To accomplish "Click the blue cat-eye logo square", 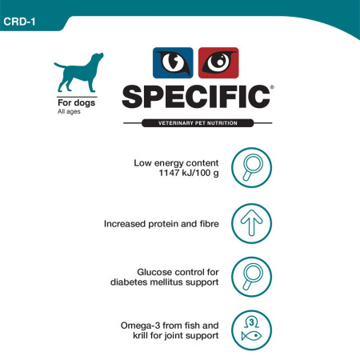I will click(x=173, y=64).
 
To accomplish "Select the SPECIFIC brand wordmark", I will click(x=194, y=96).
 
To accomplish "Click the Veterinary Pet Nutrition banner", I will click(x=194, y=122).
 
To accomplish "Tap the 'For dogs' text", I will click(x=74, y=102).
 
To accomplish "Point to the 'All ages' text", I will click(x=68, y=111).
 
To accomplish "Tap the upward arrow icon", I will click(x=250, y=222).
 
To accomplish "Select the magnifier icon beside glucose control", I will click(x=250, y=275).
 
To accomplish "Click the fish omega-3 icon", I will click(x=250, y=330).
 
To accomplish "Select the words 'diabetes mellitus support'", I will click(x=164, y=282).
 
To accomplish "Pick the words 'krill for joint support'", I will click(x=174, y=335).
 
